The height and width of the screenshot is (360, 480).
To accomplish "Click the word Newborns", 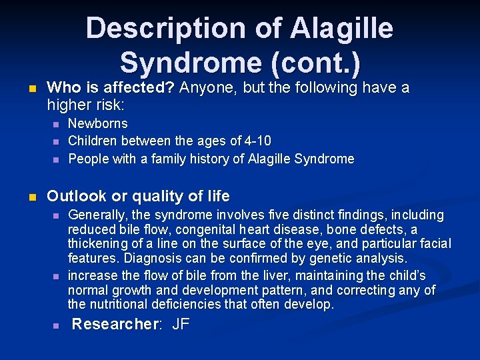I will click(98, 123).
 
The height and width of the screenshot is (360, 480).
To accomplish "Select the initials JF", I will click(181, 325).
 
